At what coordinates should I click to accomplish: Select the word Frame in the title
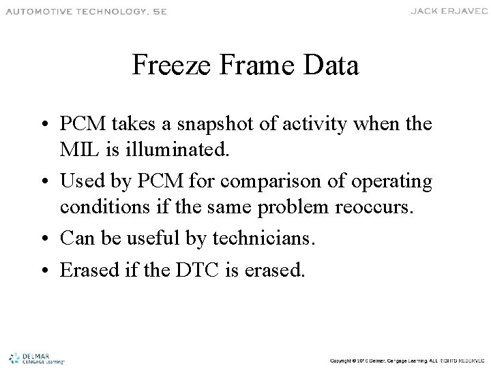pos(253,67)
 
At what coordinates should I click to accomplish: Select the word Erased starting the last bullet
pos(85,271)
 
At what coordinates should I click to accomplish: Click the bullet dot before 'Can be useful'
pos(50,239)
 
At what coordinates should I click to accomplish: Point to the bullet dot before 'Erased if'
pos(50,271)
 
